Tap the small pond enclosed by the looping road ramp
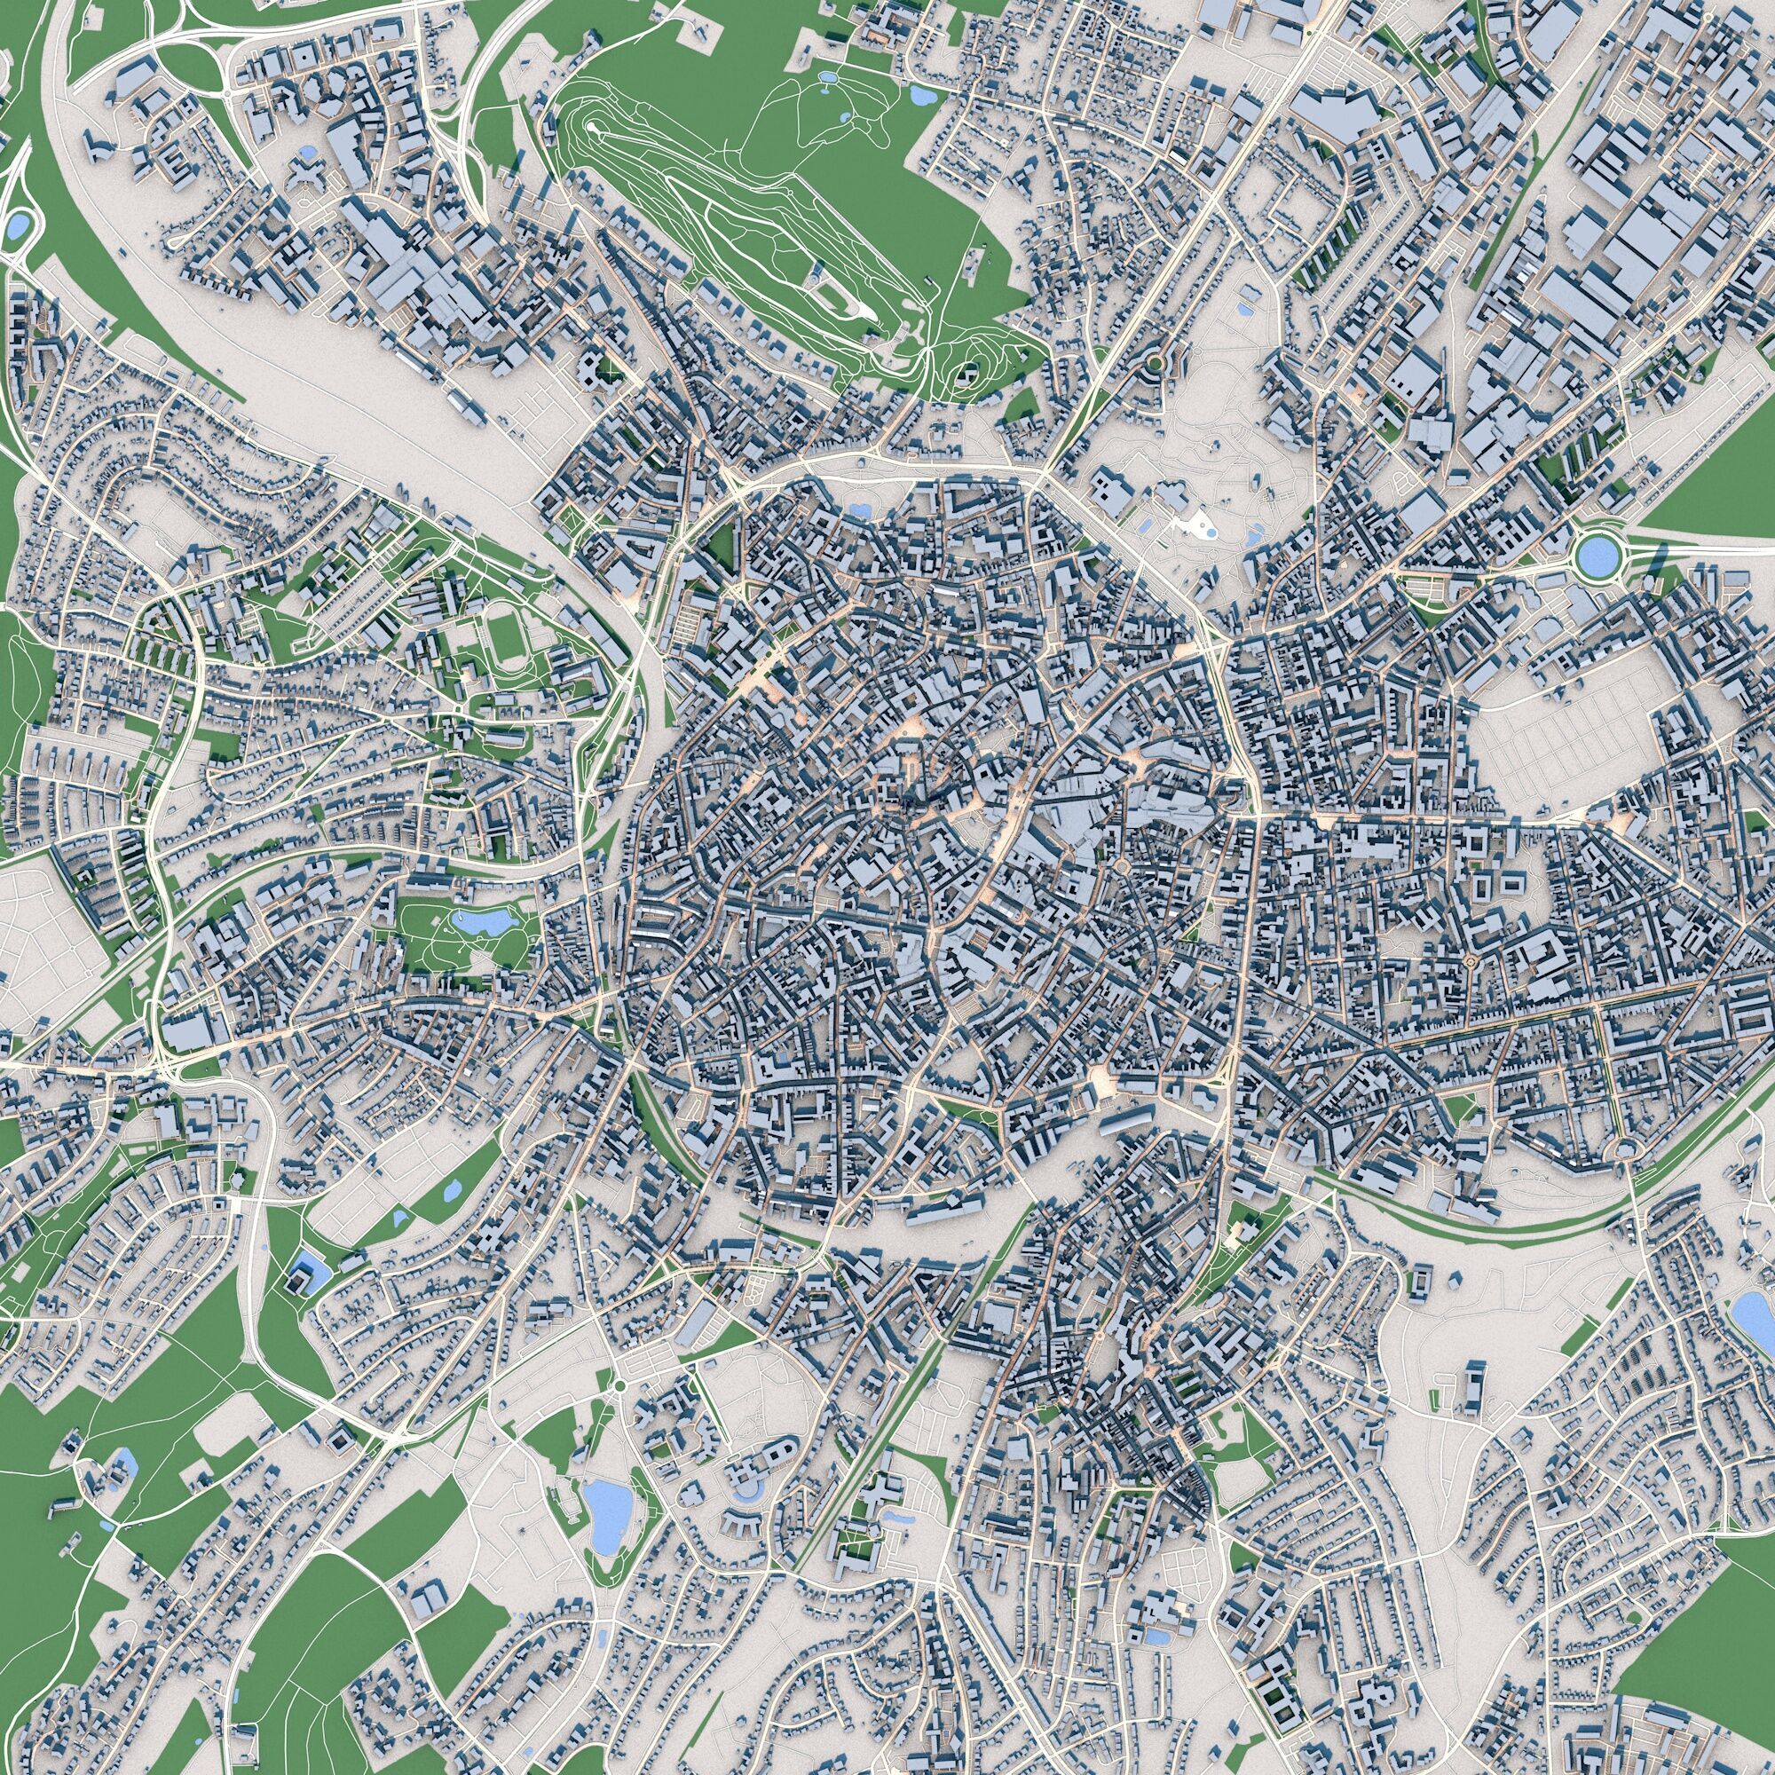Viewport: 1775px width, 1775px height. click(17, 224)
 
